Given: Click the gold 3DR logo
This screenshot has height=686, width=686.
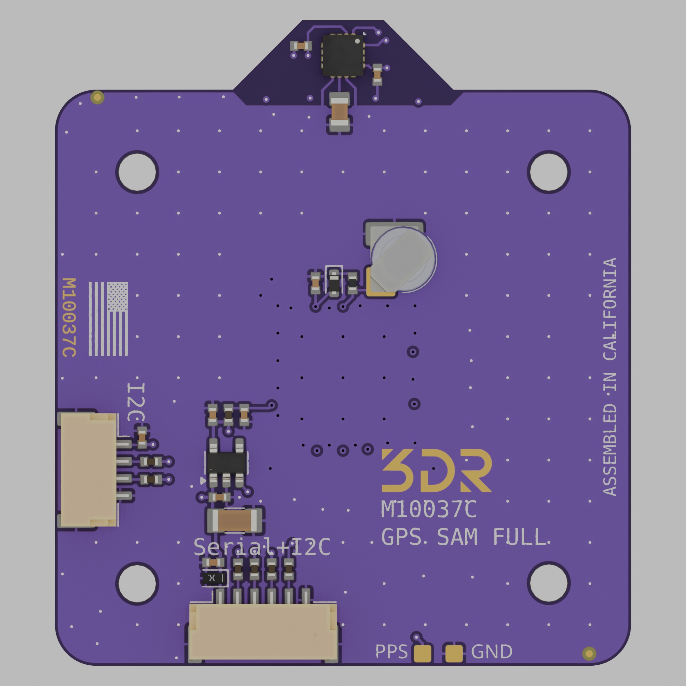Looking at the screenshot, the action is (436, 470).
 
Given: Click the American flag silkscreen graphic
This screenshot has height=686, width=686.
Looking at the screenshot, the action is (108, 319).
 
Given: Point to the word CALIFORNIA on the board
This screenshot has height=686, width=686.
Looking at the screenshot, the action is (610, 309).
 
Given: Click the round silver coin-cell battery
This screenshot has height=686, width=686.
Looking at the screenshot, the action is (404, 259).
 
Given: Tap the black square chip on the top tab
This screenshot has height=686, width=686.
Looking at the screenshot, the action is (343, 55).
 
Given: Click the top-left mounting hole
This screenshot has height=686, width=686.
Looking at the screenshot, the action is (137, 172).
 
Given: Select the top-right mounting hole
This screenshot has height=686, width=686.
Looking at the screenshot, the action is (548, 172).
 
